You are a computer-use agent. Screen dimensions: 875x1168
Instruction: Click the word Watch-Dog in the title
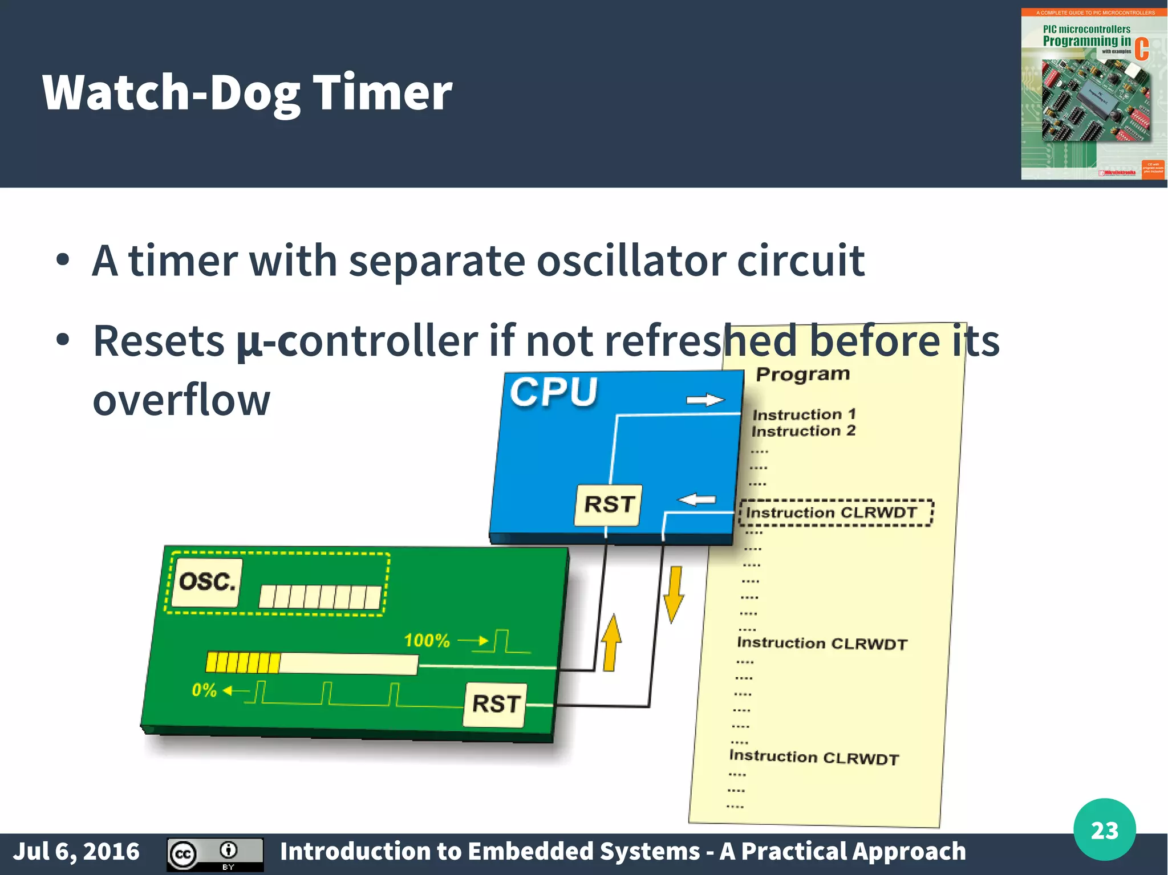[x=171, y=92]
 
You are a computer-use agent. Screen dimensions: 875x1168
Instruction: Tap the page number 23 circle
[x=1104, y=830]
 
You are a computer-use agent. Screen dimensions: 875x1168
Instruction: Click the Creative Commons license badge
[x=215, y=854]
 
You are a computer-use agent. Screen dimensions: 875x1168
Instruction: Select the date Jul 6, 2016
[x=76, y=851]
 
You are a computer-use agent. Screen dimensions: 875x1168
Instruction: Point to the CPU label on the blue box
[x=553, y=392]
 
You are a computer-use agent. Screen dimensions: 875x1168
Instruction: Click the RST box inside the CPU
[x=609, y=504]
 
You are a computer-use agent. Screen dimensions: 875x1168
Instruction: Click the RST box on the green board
[x=496, y=704]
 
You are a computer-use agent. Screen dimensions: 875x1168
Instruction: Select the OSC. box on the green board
[x=207, y=582]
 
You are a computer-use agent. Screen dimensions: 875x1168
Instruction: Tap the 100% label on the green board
[x=427, y=640]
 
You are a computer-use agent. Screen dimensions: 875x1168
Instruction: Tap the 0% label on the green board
[x=204, y=690]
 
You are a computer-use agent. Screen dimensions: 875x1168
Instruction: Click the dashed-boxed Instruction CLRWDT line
[x=836, y=512]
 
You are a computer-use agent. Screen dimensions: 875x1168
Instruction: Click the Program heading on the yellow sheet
[x=802, y=375]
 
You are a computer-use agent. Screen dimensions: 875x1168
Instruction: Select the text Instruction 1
[x=804, y=414]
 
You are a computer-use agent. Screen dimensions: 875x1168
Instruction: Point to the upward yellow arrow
[x=611, y=642]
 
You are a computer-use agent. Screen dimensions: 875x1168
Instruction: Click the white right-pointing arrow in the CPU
[x=705, y=400]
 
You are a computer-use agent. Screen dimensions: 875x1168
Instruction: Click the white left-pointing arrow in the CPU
[x=696, y=500]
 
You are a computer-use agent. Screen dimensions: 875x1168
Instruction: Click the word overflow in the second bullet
[x=181, y=400]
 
